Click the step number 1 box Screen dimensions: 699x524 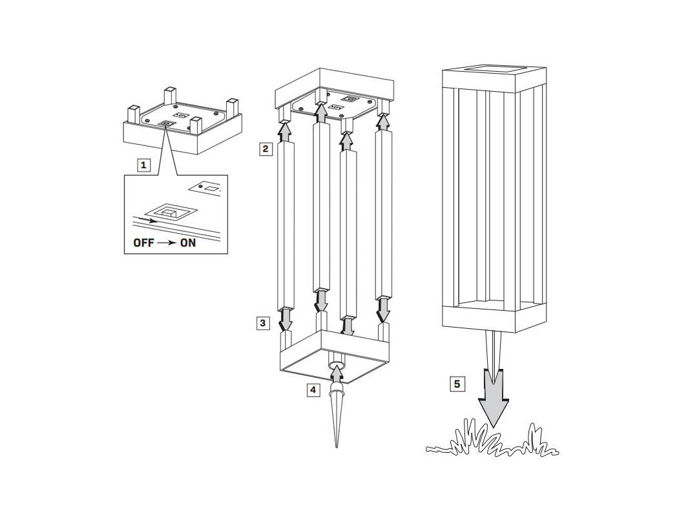pos(143,165)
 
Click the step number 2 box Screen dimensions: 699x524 pos(266,149)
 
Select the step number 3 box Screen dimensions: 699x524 pos(263,323)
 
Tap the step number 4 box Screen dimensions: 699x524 pos(313,390)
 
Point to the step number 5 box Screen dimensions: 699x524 pos(457,384)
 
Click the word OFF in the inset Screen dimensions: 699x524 pos(143,243)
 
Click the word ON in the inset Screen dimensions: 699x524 pos(188,243)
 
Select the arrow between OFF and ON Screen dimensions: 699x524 pos(167,243)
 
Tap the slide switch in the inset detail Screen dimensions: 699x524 pos(170,213)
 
